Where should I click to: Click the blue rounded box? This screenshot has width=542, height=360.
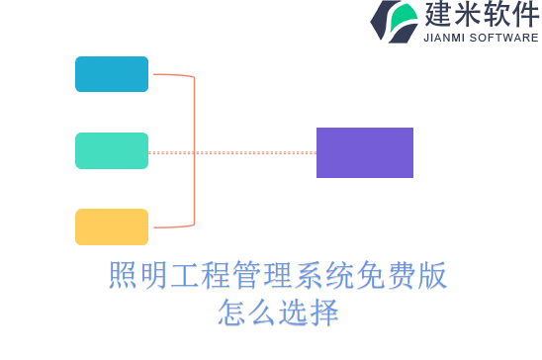pyautogui.click(x=112, y=74)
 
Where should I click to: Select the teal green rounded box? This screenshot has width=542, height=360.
pyautogui.click(x=112, y=150)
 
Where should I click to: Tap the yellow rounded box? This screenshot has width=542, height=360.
pyautogui.click(x=112, y=226)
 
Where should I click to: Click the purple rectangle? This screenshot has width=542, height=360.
pyautogui.click(x=364, y=152)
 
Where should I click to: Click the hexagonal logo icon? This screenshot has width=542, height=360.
pyautogui.click(x=394, y=21)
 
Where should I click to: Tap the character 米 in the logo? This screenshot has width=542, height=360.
pyautogui.click(x=467, y=15)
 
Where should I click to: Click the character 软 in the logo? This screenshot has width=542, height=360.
pyautogui.click(x=497, y=15)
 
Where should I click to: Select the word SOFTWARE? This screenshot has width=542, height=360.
pyautogui.click(x=505, y=38)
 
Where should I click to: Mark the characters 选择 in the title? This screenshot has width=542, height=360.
pyautogui.click(x=308, y=314)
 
